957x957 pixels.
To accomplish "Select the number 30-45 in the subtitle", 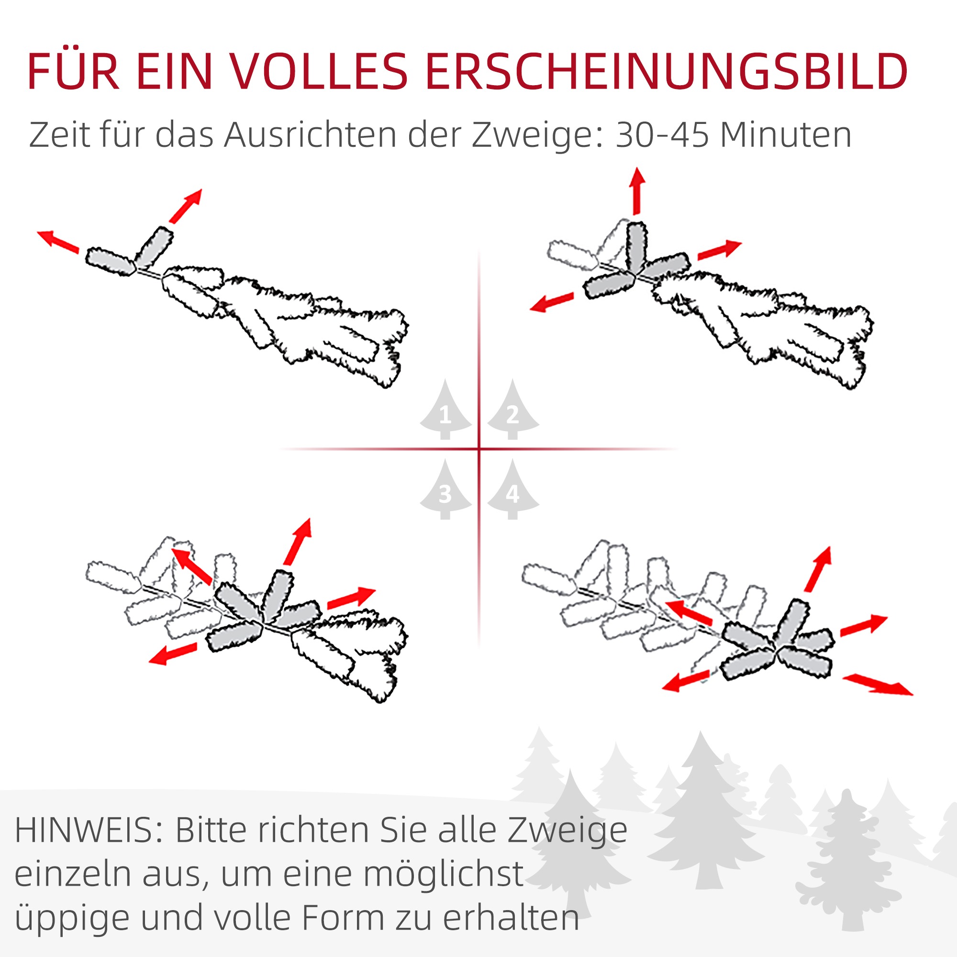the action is coord(662,135).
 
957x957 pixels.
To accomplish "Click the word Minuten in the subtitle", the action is coord(786,135).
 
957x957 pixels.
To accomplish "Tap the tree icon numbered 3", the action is coord(445,489).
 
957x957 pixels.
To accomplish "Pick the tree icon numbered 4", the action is coord(512,489).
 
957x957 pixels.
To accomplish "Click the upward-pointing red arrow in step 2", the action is coord(637,191).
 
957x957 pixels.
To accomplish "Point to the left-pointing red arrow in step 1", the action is coord(58,242).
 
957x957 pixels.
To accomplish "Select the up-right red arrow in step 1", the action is coord(186,206).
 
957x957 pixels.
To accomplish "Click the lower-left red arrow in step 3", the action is coord(173,653).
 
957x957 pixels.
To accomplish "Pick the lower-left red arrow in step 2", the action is coord(552,301).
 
